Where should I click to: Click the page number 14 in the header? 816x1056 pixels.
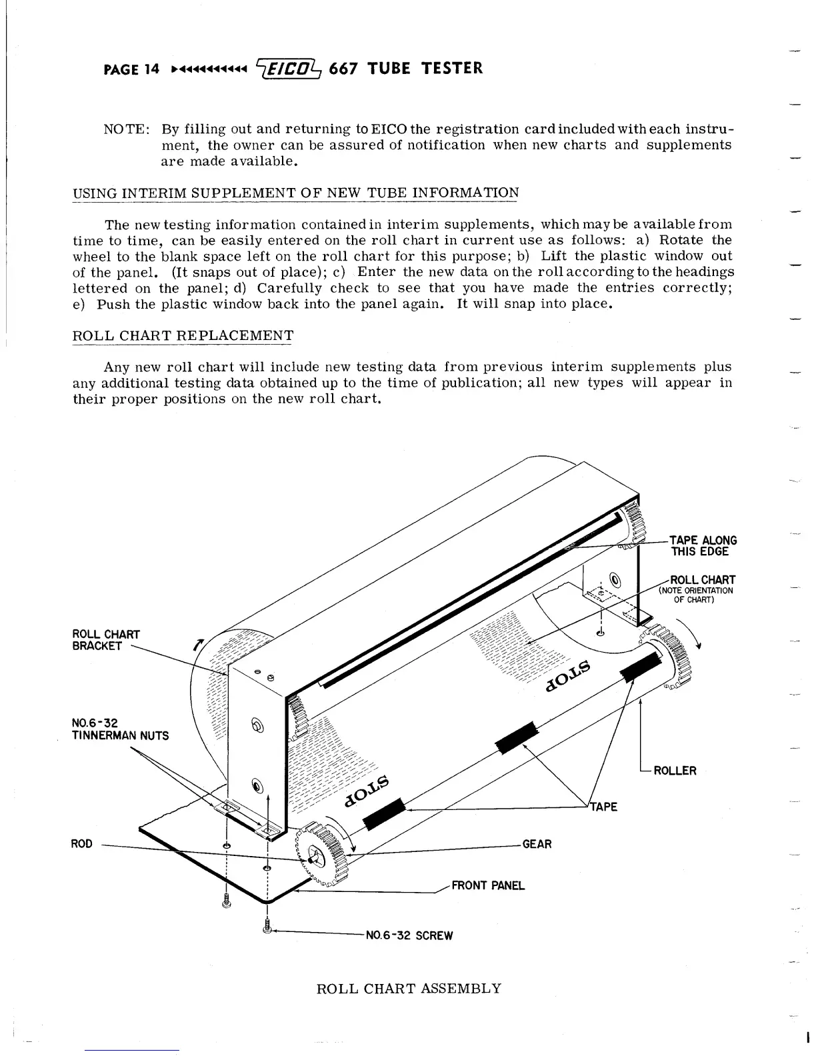pyautogui.click(x=151, y=69)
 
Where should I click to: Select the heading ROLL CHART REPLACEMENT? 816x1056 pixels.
pyautogui.click(x=182, y=335)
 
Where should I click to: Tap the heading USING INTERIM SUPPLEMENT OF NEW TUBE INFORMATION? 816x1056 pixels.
pyautogui.click(x=295, y=193)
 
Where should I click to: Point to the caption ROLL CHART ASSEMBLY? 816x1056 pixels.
pyautogui.click(x=408, y=988)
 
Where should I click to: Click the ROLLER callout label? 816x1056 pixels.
pyautogui.click(x=675, y=771)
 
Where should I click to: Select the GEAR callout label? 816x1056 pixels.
pyautogui.click(x=537, y=844)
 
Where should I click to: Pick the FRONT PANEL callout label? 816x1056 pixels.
pyautogui.click(x=488, y=885)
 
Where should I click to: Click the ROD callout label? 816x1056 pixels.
pyautogui.click(x=81, y=844)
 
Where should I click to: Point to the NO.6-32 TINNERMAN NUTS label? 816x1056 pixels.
pyautogui.click(x=120, y=729)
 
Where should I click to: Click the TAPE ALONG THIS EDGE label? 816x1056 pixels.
pyautogui.click(x=703, y=545)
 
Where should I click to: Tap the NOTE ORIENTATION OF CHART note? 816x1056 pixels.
pyautogui.click(x=695, y=595)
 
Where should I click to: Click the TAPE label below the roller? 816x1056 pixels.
pyautogui.click(x=603, y=807)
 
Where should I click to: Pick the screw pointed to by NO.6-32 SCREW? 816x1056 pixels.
pyautogui.click(x=267, y=926)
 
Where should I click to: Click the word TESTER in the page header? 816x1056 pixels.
pyautogui.click(x=452, y=68)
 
